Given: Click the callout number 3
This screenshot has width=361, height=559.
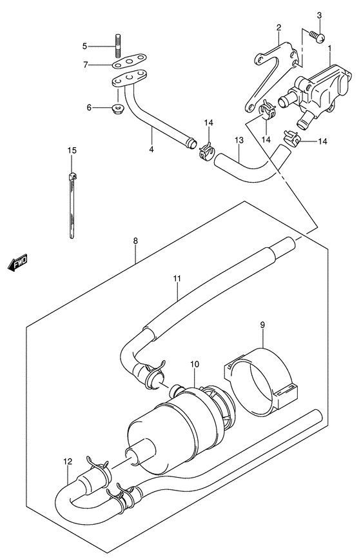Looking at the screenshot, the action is [319, 15].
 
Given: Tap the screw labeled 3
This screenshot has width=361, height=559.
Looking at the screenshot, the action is [317, 36].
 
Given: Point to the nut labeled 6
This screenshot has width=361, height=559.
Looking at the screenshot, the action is [117, 108].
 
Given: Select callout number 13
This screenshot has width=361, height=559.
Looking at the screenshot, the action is [239, 140].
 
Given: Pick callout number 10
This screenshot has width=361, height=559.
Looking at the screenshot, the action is [195, 364].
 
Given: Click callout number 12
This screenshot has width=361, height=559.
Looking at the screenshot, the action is [68, 462].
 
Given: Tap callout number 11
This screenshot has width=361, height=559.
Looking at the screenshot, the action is [178, 278].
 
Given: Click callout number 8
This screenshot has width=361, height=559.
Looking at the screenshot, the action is [135, 241].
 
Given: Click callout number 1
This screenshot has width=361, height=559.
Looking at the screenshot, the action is [330, 48].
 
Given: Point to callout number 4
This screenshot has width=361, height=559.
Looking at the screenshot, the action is [151, 149].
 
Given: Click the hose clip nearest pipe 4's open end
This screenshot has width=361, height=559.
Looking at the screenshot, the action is [206, 151].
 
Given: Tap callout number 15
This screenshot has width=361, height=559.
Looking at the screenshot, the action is [72, 150].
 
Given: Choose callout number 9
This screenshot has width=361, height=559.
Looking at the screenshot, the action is [262, 325].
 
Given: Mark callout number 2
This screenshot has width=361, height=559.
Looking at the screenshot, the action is [278, 27].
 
